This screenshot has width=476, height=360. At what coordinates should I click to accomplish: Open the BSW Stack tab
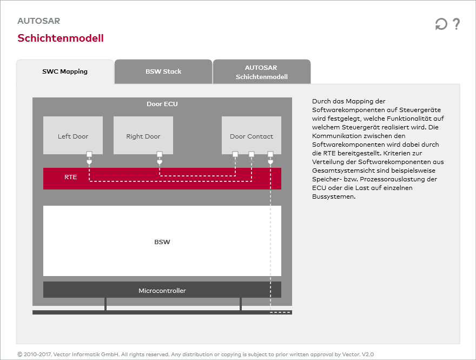click(163, 71)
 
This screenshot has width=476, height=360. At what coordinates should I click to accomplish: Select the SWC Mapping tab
click(65, 71)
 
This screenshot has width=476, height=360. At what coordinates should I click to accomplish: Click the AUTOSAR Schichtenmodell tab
click(262, 72)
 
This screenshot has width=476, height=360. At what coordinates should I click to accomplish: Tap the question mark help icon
click(456, 24)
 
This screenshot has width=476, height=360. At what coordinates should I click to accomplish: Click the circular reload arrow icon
click(441, 24)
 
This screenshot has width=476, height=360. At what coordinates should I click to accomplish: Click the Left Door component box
click(73, 135)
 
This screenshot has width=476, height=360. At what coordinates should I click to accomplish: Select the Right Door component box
click(143, 135)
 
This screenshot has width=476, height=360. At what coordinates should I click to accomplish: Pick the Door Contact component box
click(252, 135)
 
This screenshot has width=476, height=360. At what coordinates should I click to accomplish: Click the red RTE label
click(71, 176)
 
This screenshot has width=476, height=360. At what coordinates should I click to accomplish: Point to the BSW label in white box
click(162, 241)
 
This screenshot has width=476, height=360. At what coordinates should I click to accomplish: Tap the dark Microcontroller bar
click(162, 291)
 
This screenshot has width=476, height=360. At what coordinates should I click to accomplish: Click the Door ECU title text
click(162, 104)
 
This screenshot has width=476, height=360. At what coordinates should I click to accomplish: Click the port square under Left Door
click(89, 154)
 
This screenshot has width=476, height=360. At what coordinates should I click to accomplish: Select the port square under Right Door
click(160, 154)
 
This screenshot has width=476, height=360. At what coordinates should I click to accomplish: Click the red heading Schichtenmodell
click(61, 38)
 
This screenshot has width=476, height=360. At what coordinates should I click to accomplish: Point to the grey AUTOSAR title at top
click(38, 21)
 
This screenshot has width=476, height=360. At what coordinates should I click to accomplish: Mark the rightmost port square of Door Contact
click(270, 154)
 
